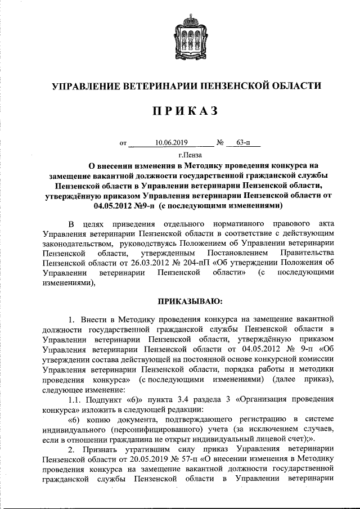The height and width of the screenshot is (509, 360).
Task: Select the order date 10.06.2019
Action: click(171, 143)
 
